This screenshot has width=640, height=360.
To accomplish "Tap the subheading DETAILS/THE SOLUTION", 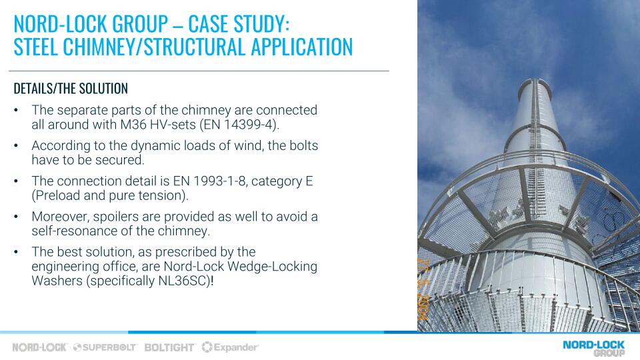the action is (71, 88).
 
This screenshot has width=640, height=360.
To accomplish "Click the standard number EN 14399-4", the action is (239, 125).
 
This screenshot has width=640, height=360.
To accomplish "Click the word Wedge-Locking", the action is (272, 266).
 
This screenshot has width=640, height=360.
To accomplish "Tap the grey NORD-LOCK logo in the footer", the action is (39, 347).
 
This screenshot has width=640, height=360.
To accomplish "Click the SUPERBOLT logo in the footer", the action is (105, 347).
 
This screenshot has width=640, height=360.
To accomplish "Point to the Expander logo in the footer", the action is (230, 347).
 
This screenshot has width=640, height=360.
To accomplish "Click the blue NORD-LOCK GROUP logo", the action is (594, 348).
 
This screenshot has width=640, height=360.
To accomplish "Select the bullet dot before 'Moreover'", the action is (16, 217).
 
